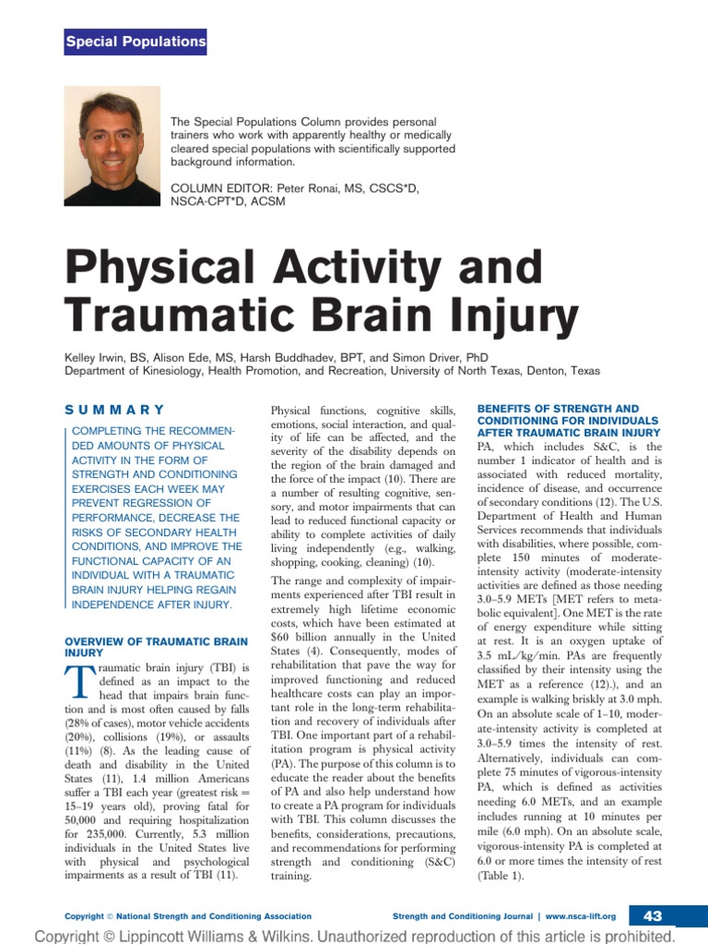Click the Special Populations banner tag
(x=136, y=42)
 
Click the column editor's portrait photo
(x=112, y=133)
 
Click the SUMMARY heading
(x=114, y=410)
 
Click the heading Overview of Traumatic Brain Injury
(x=156, y=646)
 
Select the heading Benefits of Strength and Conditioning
(x=569, y=420)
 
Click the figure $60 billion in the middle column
(x=298, y=636)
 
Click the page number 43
(x=653, y=915)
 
